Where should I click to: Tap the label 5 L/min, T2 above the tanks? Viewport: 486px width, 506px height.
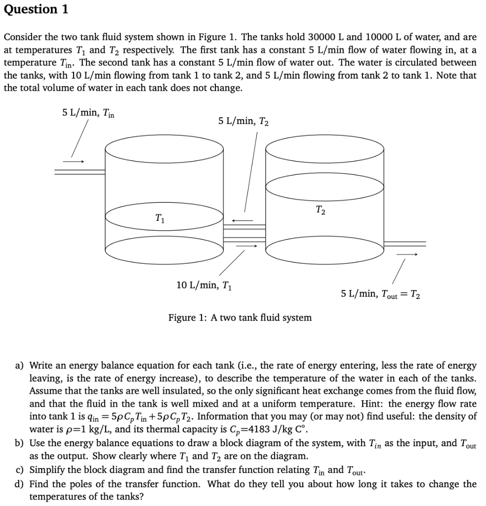(x=243, y=121)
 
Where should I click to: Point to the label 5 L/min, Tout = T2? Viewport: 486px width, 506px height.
(x=380, y=294)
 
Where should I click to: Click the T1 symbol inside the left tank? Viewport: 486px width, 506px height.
(x=159, y=217)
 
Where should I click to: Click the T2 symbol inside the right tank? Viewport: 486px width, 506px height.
(x=320, y=210)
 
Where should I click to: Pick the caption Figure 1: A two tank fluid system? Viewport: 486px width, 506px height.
(x=240, y=318)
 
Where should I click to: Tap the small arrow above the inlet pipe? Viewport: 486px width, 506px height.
(x=74, y=161)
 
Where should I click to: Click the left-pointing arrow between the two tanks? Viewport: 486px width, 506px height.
(x=243, y=220)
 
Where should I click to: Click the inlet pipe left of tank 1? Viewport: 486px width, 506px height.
(x=79, y=171)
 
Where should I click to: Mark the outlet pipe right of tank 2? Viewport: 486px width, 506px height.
(x=405, y=243)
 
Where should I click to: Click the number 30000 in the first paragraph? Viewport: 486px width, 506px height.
(x=323, y=37)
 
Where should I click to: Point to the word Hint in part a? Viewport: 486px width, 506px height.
(x=373, y=403)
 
